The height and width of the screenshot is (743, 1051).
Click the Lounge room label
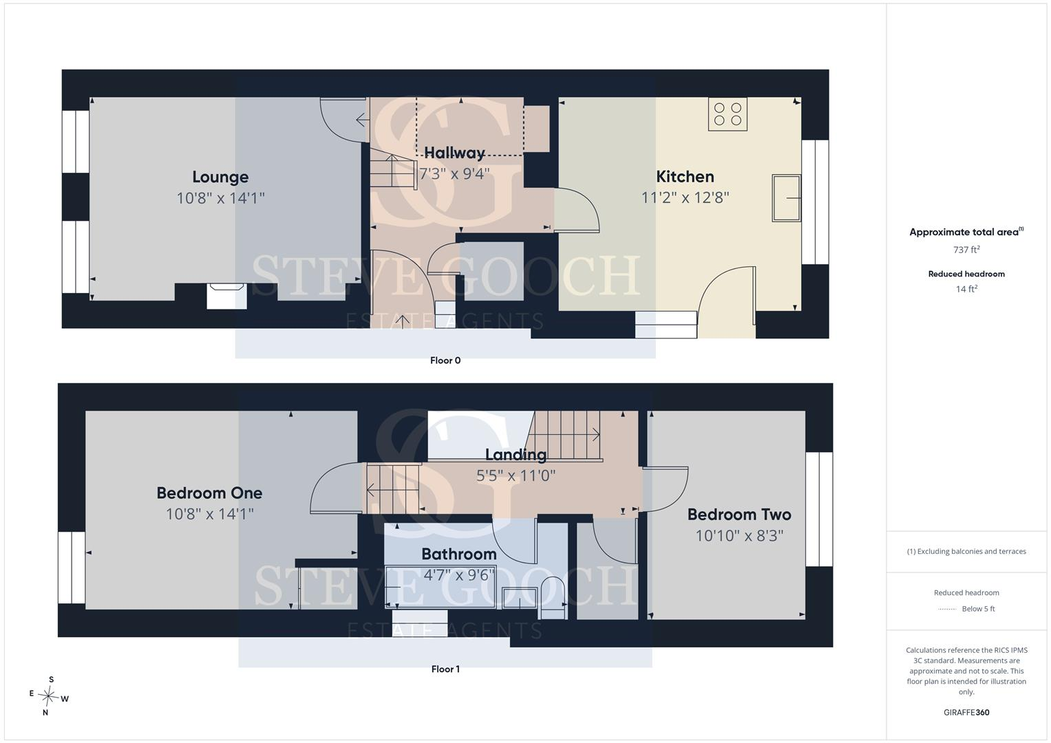(220, 177)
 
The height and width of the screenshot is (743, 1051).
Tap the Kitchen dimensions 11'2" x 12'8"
(685, 197)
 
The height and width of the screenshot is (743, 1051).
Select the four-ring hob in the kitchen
(728, 114)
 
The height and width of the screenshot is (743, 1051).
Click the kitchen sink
(787, 198)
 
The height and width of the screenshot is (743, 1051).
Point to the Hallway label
(454, 153)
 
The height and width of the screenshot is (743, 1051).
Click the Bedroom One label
(209, 493)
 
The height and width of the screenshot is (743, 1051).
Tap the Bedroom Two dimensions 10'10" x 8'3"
(739, 535)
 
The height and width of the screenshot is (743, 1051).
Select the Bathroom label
(459, 554)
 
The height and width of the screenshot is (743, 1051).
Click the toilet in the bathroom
(552, 598)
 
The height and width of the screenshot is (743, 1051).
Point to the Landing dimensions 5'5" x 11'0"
(516, 475)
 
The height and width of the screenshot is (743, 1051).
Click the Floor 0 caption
(445, 360)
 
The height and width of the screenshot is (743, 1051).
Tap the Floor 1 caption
(445, 669)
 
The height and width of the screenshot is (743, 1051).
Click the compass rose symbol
(48, 696)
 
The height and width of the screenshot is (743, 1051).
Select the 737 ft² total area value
(966, 250)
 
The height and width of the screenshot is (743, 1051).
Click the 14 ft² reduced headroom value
(966, 289)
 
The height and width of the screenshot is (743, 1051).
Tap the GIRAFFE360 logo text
(966, 713)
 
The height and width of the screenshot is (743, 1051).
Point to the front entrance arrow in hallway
(402, 321)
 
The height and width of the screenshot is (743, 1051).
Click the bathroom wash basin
(520, 598)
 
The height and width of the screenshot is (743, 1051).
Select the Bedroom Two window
(819, 509)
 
